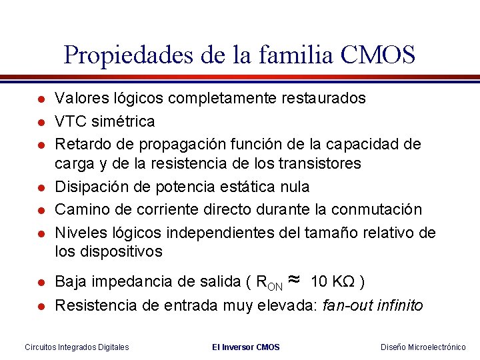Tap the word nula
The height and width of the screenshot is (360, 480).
[294, 186]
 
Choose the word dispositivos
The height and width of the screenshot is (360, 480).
[124, 251]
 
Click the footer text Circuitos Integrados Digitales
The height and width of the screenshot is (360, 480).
[77, 347]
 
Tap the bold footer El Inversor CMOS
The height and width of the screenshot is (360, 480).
[245, 347]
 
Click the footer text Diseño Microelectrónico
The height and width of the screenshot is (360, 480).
[423, 347]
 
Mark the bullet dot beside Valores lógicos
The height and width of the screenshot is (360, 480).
[41, 99]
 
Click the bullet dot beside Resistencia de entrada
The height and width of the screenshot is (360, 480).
[41, 307]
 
